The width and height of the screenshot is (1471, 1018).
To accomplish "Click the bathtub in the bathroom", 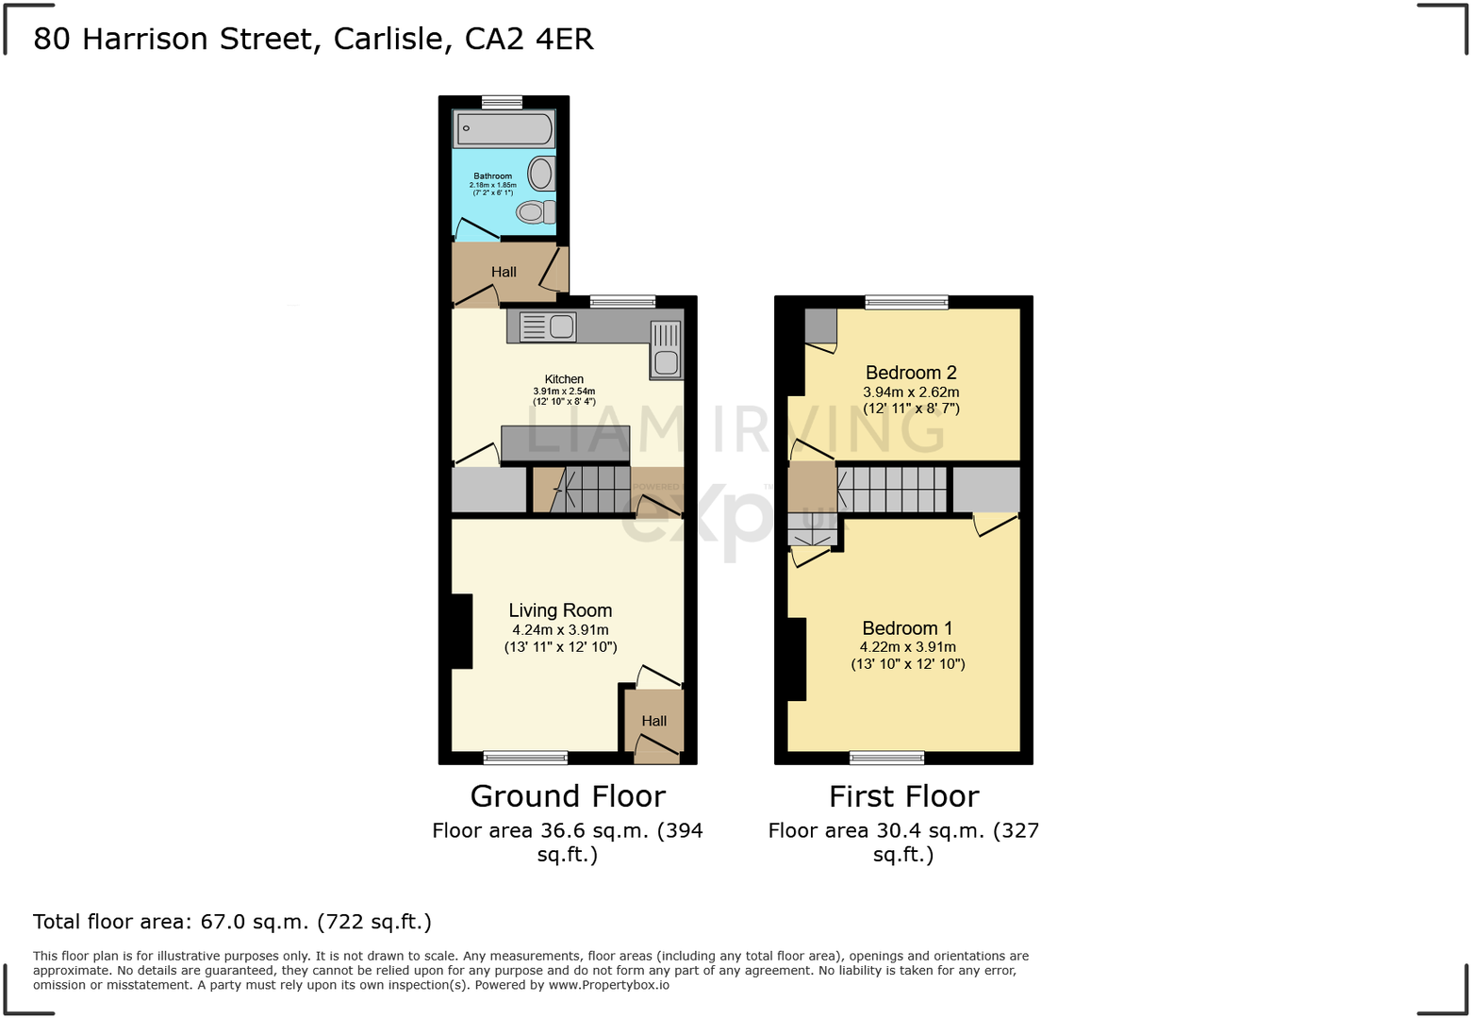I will tap(504, 129).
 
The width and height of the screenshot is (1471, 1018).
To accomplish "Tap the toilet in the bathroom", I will tap(535, 212).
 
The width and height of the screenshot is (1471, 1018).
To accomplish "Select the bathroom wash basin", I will tap(541, 174).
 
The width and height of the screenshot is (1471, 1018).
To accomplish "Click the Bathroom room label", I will tap(492, 176).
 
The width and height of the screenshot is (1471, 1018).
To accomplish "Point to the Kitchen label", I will tap(564, 379).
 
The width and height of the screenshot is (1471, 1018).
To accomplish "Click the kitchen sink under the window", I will tap(548, 326).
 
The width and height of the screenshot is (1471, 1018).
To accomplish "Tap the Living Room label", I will tap(560, 610).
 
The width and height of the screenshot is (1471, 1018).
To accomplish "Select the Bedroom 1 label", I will tap(907, 628).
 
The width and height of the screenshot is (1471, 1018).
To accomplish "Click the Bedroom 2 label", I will tap(911, 373).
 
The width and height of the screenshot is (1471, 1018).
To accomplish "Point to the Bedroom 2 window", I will tap(906, 302).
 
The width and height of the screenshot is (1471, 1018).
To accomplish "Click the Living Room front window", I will tap(525, 757).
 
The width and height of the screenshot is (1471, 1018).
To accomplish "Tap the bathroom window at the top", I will tap(502, 102).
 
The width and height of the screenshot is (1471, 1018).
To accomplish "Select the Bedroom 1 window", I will tap(886, 757).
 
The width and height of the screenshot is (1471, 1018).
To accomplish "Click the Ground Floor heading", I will tap(568, 796).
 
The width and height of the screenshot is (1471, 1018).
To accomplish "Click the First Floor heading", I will tap(903, 796).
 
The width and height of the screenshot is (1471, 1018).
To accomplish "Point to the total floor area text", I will tap(232, 922).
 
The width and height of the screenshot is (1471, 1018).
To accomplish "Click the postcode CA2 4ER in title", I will tap(529, 39).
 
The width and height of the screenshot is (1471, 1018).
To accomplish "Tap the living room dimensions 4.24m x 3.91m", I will tap(560, 630).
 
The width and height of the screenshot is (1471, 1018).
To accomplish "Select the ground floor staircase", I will tap(590, 489).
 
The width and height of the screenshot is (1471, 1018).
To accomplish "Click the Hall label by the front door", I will tap(653, 721).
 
